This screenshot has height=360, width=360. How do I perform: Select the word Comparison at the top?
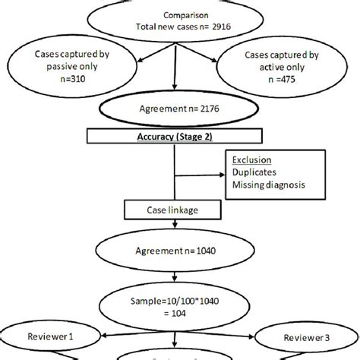[180, 14]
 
